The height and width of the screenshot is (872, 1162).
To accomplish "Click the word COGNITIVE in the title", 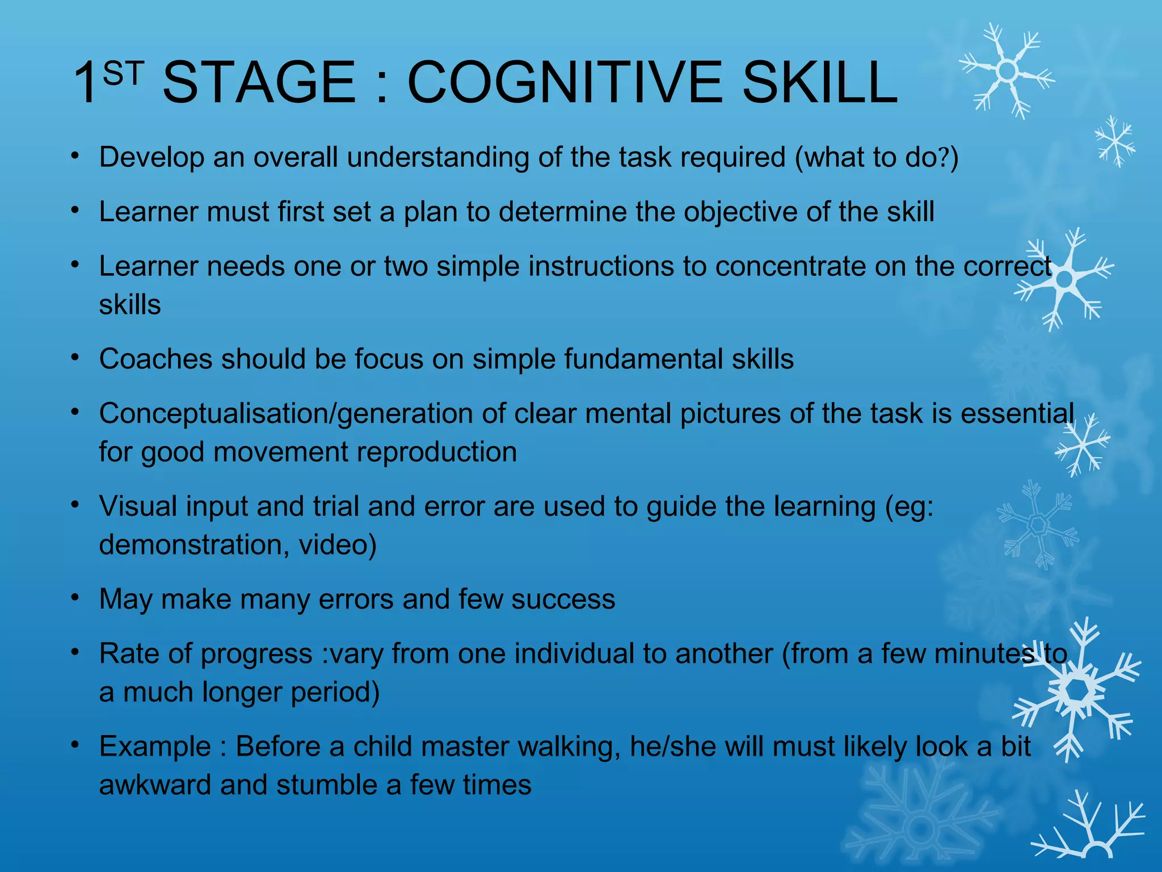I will (x=565, y=83).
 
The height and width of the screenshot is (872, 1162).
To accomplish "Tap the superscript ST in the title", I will (x=123, y=74).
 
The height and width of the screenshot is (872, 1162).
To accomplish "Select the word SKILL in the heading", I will (x=820, y=83).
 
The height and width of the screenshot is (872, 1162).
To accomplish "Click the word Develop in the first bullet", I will (x=151, y=157).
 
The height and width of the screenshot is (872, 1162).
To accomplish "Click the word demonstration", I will (x=190, y=544).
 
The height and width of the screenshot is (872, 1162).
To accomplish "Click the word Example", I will (x=155, y=746).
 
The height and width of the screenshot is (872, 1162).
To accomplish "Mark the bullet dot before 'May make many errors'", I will (x=75, y=597).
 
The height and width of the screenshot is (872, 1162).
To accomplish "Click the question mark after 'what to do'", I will (x=943, y=157).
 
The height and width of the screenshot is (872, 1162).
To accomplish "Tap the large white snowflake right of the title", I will (x=1007, y=72).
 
